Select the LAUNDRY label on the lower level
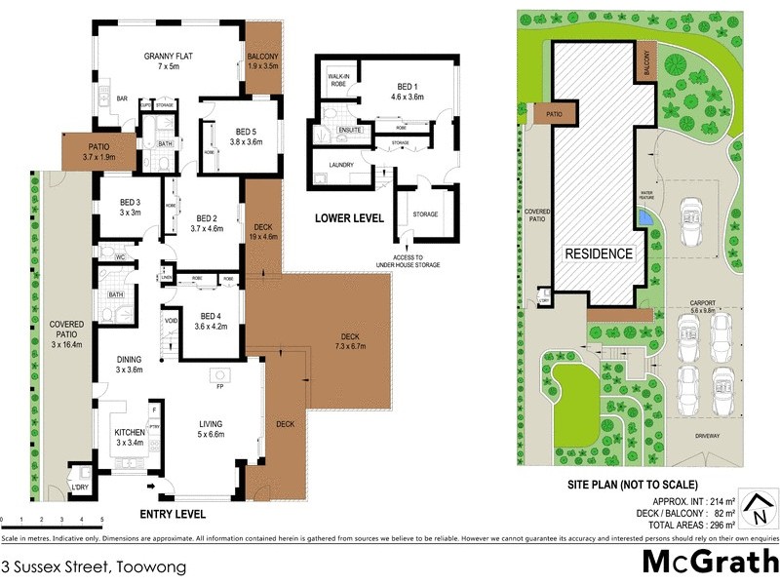[341, 165]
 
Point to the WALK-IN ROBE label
[338, 80]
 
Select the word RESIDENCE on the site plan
[600, 253]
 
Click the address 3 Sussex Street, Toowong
[94, 565]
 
